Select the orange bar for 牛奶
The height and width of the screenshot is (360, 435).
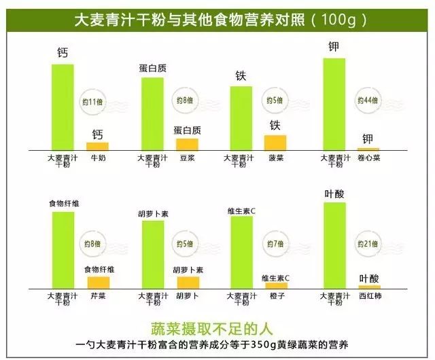(x=97, y=146)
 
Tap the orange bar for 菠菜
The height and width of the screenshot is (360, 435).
(x=275, y=142)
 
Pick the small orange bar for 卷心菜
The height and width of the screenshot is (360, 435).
(x=368, y=149)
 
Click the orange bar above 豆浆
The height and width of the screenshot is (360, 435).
(x=187, y=144)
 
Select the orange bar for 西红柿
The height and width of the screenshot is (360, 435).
(x=369, y=287)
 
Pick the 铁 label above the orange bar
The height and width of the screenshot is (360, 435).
(x=275, y=125)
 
